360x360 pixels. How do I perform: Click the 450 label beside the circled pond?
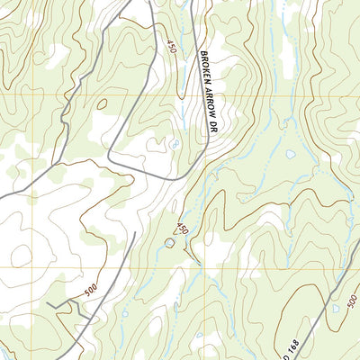coord(182,229)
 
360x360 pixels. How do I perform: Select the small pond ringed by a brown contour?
coord(168,242)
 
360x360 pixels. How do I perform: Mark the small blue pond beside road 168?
coord(336,309)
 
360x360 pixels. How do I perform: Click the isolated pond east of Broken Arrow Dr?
coord(291,154)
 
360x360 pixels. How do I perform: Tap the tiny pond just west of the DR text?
coord(175,143)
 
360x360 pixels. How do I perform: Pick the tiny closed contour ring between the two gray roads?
coord(101,104)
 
